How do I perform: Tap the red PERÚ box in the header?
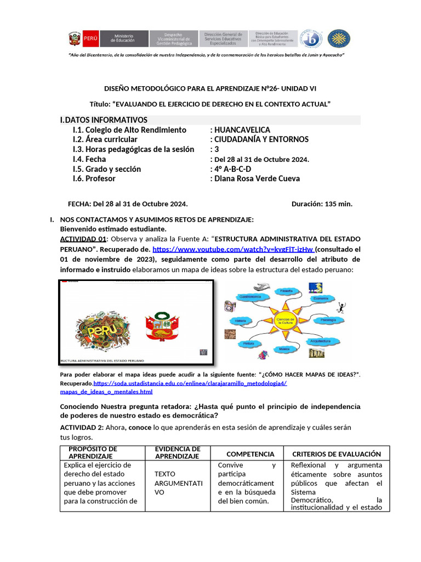click(91, 38)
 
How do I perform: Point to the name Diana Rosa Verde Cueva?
click(257, 178)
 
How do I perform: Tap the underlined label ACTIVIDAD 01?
click(83, 239)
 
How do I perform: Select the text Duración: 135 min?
click(322, 204)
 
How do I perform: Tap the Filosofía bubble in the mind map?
click(287, 291)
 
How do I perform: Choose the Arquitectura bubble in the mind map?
click(320, 341)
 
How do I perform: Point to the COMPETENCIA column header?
click(250, 454)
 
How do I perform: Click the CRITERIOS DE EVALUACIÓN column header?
click(336, 454)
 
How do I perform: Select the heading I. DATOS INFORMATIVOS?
click(104, 120)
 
